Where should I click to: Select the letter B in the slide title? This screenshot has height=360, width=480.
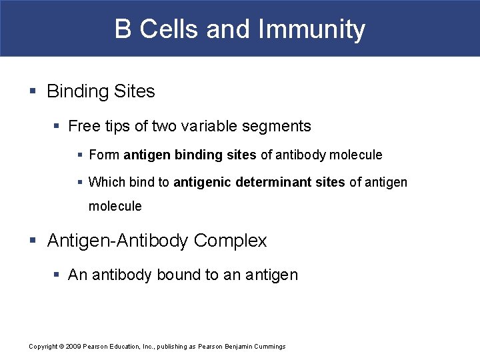point(123,29)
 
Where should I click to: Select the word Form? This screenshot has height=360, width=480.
point(104,155)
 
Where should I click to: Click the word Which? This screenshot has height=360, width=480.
point(107,182)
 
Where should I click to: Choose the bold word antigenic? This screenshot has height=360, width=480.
point(203,182)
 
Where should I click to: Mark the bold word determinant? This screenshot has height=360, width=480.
point(274,182)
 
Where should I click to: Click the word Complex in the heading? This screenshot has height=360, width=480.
point(231,241)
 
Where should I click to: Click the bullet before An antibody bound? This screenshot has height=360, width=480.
point(58,275)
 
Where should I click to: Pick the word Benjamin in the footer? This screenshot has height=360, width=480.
point(234,347)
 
